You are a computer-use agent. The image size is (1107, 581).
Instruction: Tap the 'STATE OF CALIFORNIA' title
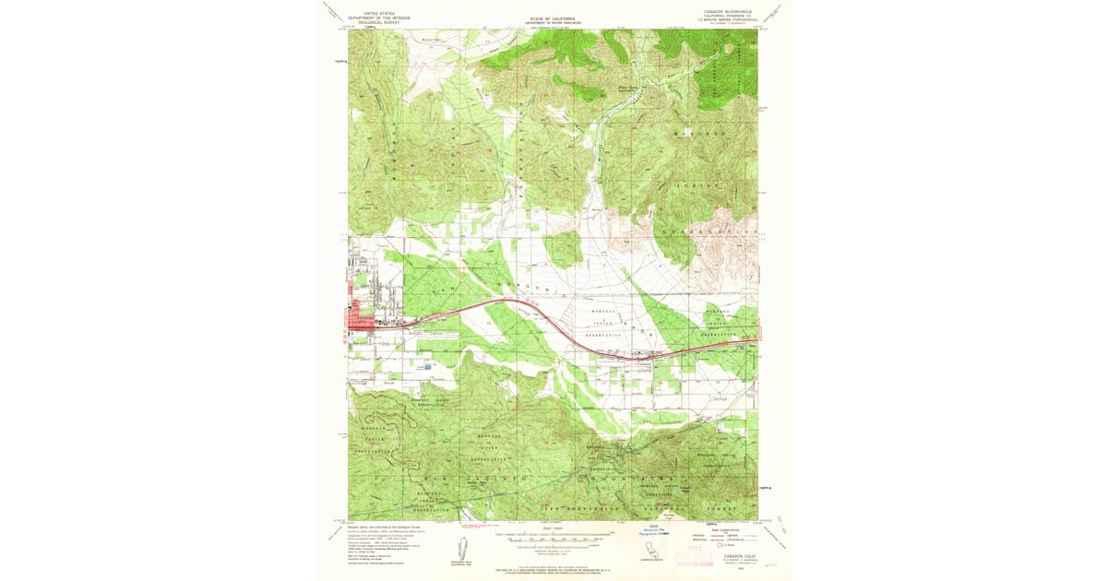(553, 18)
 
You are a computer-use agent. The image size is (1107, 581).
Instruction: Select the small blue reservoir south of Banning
(427, 366)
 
